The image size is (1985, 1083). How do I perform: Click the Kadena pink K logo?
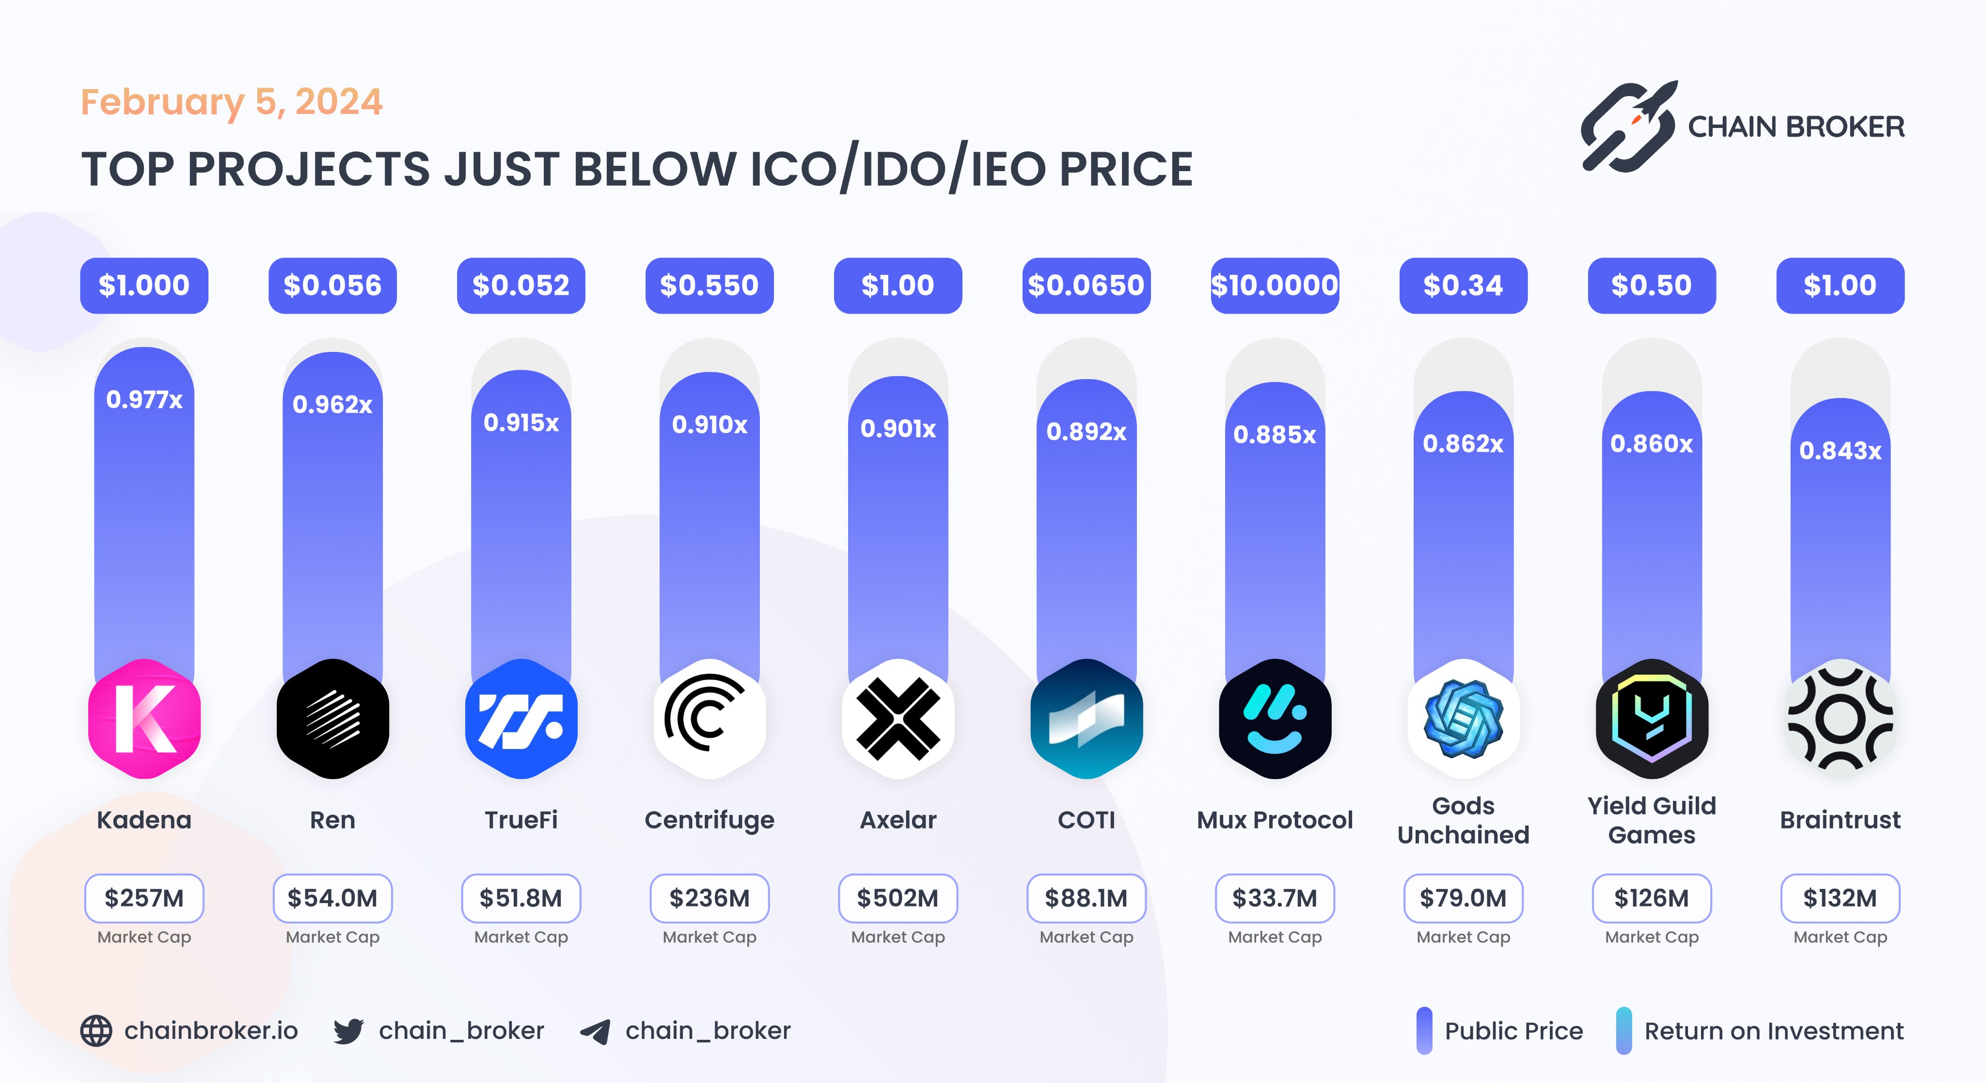144,718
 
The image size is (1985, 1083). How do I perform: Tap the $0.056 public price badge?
332,285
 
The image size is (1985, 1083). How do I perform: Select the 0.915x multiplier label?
521,422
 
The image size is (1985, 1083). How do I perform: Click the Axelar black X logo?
898,718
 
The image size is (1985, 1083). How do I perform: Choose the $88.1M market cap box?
1086,898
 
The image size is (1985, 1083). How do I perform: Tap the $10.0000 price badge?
1275,285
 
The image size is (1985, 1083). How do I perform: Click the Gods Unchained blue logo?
1463,718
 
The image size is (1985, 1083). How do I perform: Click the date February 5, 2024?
231,102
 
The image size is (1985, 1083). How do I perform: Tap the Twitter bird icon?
348,1031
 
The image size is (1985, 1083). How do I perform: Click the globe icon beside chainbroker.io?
96,1031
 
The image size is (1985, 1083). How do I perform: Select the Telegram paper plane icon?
595,1031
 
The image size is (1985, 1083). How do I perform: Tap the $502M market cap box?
898,898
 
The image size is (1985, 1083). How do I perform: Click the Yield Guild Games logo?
1652,718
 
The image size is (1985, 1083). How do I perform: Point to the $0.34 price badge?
1463,285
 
